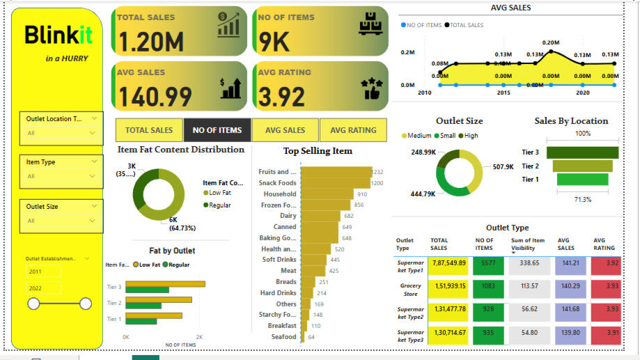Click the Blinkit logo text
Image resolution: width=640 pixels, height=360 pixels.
pos(58,36)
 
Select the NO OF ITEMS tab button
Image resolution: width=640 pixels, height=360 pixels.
pos(217,130)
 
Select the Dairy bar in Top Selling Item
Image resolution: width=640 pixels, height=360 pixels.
pos(325,216)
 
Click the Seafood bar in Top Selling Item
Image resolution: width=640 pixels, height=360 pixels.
pos(303,337)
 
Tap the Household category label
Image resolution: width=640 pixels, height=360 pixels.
pos(279,194)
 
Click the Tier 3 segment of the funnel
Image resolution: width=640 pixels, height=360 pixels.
pos(582,152)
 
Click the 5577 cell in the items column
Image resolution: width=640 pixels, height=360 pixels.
pos(487,263)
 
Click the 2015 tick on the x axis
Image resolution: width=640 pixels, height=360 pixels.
pos(503,93)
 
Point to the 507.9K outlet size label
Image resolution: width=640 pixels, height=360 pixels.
pos(502,167)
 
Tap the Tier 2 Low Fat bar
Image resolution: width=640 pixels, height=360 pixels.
pos(159,299)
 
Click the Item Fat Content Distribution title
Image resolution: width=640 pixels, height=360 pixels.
pos(180,149)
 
